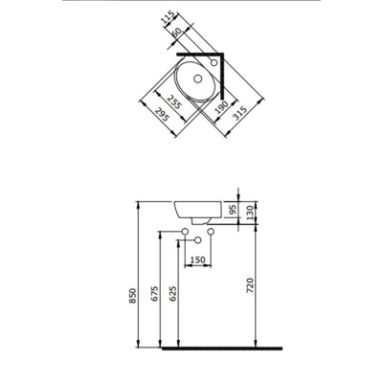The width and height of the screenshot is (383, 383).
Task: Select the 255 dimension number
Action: coord(173,99)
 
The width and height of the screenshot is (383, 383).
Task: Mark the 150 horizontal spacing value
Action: coord(197,259)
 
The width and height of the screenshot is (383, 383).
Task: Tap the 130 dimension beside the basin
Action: coord(252,211)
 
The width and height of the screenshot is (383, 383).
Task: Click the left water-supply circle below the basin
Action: coord(185,233)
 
